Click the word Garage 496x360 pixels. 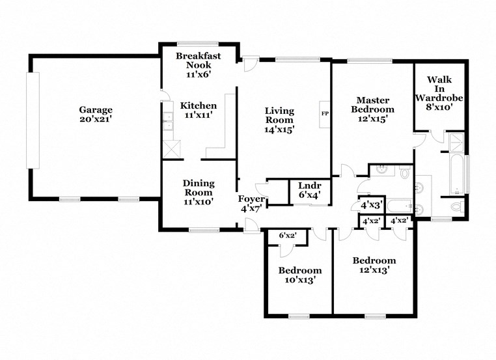pyautogui.click(x=96, y=109)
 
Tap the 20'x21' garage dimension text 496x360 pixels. pyautogui.click(x=96, y=119)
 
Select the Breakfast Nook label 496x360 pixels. pyautogui.click(x=199, y=61)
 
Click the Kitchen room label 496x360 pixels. pyautogui.click(x=199, y=105)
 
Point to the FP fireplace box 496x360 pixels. pyautogui.click(x=325, y=114)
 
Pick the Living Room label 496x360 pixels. pyautogui.click(x=279, y=115)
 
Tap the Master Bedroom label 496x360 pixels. pyautogui.click(x=373, y=105)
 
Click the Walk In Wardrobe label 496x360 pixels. pyautogui.click(x=439, y=89)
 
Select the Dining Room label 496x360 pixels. pyautogui.click(x=199, y=187)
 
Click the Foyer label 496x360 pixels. pyautogui.click(x=251, y=199)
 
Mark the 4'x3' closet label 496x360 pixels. pyautogui.click(x=371, y=205)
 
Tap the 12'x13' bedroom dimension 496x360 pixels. pyautogui.click(x=374, y=270)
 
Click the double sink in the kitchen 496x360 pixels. pyautogui.click(x=167, y=122)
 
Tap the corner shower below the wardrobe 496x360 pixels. pyautogui.click(x=458, y=142)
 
